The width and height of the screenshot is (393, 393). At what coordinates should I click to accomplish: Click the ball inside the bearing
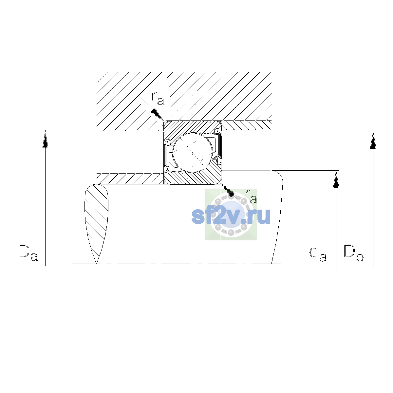point(193,153)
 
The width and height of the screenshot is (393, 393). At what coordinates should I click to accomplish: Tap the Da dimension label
point(28,253)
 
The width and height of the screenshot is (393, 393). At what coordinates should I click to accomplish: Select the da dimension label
point(318,254)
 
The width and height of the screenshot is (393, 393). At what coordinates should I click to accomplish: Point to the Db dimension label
point(353,253)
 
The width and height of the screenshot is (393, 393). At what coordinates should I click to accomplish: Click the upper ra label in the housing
point(158,99)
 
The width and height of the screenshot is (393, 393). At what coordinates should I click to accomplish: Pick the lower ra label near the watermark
point(251,196)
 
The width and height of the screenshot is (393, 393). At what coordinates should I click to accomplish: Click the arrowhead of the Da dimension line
point(45,140)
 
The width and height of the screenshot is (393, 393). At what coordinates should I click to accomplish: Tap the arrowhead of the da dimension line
point(336,179)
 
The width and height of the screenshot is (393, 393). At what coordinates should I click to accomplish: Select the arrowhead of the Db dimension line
point(373,140)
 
